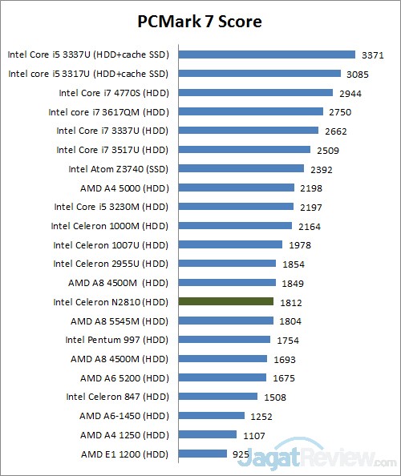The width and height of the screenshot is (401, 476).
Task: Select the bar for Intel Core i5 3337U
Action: coord(266,54)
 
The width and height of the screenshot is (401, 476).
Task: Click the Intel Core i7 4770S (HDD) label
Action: coord(110,93)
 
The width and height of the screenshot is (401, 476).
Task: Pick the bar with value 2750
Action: coord(251,112)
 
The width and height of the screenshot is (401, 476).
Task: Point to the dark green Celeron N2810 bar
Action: coord(226,301)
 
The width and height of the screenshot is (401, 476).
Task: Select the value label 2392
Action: coord(321,169)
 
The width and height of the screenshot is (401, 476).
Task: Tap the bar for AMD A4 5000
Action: coord(237,188)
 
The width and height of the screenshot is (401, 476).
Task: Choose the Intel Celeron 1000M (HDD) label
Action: coord(111,226)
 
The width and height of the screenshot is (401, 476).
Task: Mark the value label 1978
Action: coord(299,245)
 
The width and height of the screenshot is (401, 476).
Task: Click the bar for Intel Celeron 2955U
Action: coord(228,264)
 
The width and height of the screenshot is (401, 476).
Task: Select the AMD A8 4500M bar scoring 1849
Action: coord(228,283)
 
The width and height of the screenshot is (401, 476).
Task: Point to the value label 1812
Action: coord(290,302)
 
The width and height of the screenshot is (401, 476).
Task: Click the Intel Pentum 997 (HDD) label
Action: coord(117,340)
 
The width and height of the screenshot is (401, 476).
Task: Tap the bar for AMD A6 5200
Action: coord(222,377)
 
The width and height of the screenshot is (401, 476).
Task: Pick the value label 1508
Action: coord(274,397)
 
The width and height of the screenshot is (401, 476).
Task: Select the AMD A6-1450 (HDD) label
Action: coord(124,416)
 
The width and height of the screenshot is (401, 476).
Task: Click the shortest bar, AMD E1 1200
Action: coord(203,454)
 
